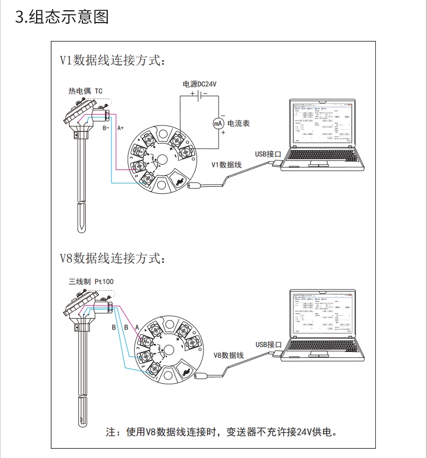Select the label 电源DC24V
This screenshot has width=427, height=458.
[x=199, y=84]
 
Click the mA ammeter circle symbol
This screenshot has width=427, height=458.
[x=218, y=123]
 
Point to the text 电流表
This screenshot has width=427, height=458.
[x=239, y=123]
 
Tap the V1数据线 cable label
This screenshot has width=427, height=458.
[x=226, y=165]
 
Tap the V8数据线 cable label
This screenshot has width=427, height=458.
[x=229, y=355]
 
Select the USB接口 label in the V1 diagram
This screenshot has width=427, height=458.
[x=268, y=153]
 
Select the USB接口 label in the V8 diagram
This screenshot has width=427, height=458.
[x=268, y=344]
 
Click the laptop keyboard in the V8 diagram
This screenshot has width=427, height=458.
[x=322, y=347]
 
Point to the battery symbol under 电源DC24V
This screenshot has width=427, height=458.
[x=199, y=95]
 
